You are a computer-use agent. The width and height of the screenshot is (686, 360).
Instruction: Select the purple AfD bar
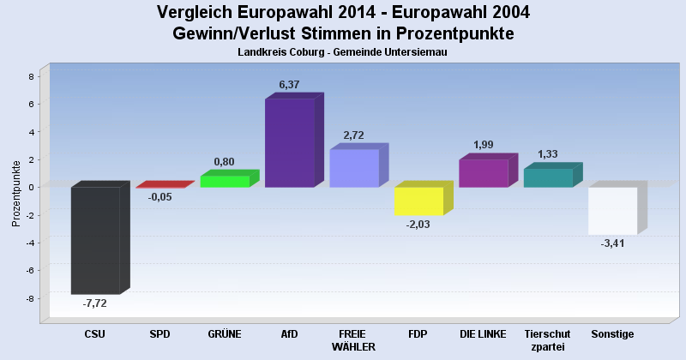(x=290, y=143)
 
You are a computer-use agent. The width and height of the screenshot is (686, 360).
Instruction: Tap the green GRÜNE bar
(x=225, y=181)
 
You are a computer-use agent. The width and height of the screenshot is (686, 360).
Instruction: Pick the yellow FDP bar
(x=418, y=201)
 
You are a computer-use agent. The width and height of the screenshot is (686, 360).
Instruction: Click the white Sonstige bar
(x=612, y=210)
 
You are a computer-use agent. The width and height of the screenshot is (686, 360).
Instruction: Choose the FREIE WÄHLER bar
(x=354, y=168)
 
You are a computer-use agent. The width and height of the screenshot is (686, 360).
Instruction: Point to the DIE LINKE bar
(x=484, y=173)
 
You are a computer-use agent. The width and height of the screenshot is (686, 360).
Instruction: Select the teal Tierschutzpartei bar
(x=548, y=177)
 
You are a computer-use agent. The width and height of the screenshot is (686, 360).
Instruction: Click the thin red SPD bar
(x=160, y=185)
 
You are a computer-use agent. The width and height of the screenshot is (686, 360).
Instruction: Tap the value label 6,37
(x=289, y=84)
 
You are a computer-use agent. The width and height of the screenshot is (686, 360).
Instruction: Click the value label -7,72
(x=94, y=303)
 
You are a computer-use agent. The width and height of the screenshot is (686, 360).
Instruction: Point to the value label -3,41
(x=611, y=243)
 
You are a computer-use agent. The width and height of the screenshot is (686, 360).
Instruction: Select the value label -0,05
(x=159, y=196)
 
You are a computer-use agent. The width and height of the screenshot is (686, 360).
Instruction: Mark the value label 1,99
(x=484, y=145)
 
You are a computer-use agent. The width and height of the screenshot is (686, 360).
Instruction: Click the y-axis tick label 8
(x=31, y=76)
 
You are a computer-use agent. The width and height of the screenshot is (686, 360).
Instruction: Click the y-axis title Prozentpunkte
(x=15, y=193)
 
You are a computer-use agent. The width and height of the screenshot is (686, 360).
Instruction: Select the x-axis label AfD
(x=289, y=333)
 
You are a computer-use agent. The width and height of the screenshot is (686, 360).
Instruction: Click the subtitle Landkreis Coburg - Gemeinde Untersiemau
(x=343, y=52)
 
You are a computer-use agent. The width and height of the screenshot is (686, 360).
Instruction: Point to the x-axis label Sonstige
(x=612, y=333)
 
